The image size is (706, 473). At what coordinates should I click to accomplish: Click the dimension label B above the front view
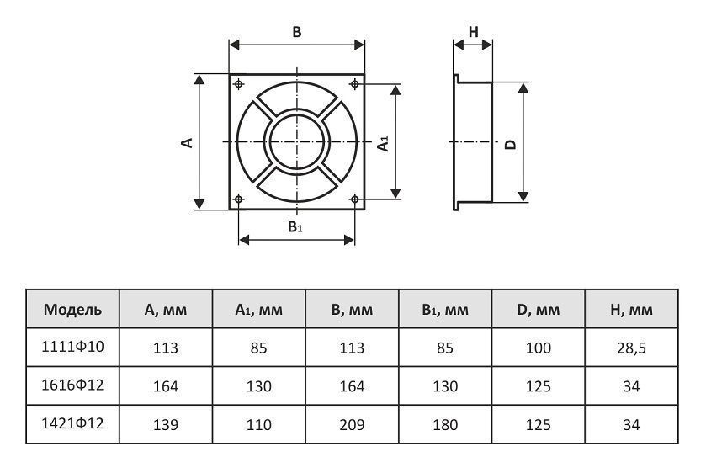click(296, 32)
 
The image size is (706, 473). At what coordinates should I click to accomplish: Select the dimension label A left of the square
click(188, 141)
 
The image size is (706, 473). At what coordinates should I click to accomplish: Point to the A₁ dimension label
click(383, 142)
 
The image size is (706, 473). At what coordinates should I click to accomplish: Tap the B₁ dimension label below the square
click(295, 226)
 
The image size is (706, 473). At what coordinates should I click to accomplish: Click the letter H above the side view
click(473, 32)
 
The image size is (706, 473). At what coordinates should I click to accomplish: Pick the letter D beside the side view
click(510, 143)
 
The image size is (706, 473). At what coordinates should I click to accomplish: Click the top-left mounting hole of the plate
click(241, 84)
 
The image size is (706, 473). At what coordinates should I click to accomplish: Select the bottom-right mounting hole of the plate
click(354, 199)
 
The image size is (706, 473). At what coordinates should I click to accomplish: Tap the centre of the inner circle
click(297, 141)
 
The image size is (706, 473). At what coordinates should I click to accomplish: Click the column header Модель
click(72, 310)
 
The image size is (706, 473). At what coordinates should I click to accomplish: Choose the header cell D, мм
click(538, 310)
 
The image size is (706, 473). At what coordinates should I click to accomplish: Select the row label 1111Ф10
click(72, 347)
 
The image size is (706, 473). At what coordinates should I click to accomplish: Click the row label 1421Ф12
click(72, 424)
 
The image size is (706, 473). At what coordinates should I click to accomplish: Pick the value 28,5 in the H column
click(630, 348)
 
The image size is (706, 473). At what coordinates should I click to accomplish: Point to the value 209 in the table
click(352, 425)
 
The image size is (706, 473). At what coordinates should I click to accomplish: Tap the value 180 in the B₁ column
click(444, 425)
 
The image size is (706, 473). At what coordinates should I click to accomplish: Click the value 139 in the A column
click(166, 425)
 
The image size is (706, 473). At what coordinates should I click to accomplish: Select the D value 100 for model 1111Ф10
click(538, 348)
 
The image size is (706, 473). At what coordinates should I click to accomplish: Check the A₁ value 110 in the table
click(258, 425)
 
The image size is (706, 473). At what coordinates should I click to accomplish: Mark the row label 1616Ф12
click(72, 385)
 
